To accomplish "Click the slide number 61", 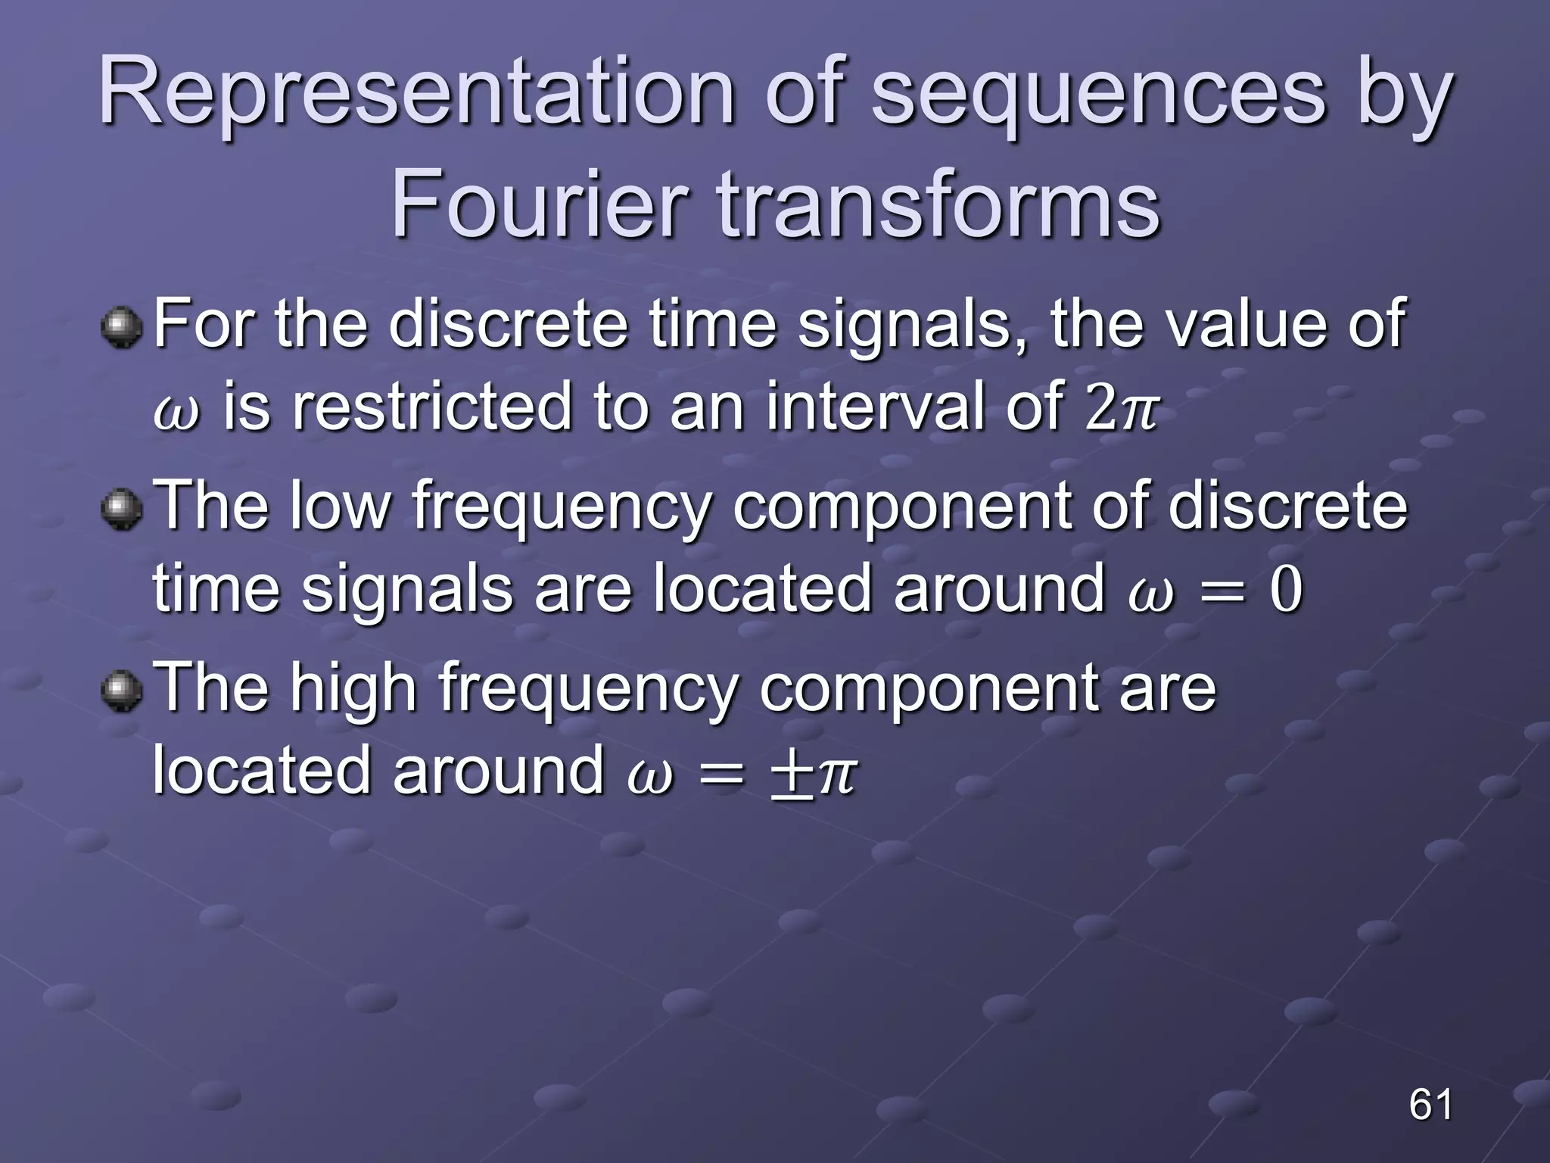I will [1430, 1104].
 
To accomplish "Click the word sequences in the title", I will [1097, 95].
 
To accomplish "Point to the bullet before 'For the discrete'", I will [121, 328].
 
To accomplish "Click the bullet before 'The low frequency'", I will [121, 509].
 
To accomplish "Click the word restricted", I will [431, 407].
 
